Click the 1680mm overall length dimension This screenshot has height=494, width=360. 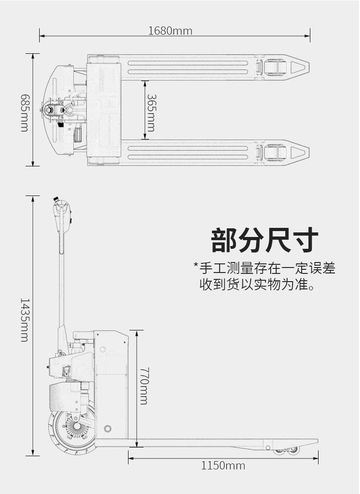[170, 31]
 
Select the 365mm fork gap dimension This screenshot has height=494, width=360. [151, 113]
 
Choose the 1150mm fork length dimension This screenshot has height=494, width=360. [223, 466]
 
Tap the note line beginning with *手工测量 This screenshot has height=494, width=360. [264, 268]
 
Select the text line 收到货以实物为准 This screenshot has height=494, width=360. [257, 285]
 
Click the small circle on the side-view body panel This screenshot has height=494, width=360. [108, 429]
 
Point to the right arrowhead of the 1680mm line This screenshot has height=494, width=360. [309, 35]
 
